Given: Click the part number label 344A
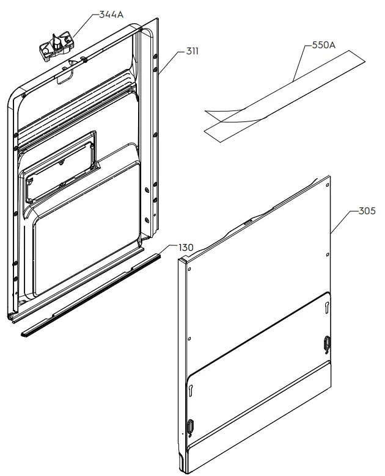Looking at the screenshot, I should (111, 13).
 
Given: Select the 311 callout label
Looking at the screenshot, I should (192, 51).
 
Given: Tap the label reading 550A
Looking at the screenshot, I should (324, 45).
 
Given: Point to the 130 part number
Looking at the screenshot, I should (186, 247).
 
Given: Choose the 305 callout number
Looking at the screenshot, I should (367, 211).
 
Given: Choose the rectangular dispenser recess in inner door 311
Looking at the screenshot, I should (58, 165).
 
